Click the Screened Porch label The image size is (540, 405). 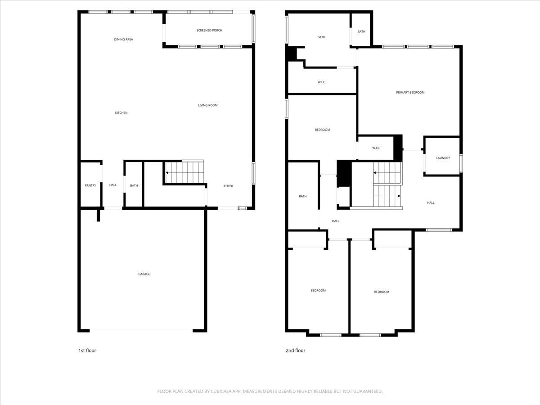point(209,30)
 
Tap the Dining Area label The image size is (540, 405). point(123,39)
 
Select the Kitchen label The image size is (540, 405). point(121,112)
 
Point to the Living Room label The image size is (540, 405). point(208,105)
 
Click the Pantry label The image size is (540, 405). point(90,185)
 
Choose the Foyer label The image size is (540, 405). point(229,185)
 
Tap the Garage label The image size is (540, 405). point(144,274)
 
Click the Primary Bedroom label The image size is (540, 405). point(410,92)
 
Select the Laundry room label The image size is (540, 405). point(443,158)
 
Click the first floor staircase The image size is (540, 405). point(184,172)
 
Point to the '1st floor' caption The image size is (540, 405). point(87,350)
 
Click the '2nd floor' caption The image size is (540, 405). point(295,350)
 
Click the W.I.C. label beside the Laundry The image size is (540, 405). point(376,148)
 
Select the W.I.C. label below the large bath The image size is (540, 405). point(321,82)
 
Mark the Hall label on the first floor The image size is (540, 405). point(112,185)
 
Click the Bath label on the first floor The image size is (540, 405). point(134,185)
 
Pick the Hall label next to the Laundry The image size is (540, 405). point(431,202)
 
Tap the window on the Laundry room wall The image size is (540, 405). point(461,162)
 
